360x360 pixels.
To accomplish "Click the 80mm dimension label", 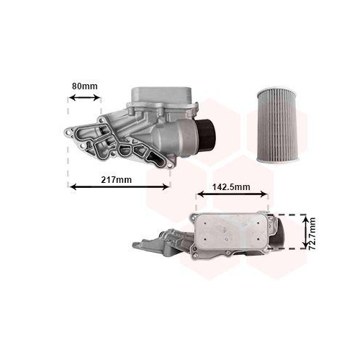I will [84, 87].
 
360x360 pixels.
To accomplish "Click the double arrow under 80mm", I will [85, 99].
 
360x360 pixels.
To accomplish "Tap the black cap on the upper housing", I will [208, 131].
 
